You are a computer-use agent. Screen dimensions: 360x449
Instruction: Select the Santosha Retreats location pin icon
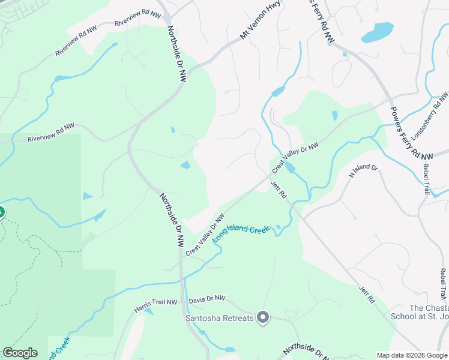[262, 317]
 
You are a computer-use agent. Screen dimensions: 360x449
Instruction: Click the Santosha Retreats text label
[219, 317]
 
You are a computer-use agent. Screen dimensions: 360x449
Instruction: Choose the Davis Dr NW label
[206, 298]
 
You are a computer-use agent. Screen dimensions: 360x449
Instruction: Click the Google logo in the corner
[20, 353]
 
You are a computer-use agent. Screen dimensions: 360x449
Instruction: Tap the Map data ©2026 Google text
[411, 355]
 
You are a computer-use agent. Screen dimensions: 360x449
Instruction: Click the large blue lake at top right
[378, 32]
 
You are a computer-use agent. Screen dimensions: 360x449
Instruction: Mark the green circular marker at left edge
[1, 212]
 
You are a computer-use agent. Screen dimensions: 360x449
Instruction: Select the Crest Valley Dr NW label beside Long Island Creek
[205, 235]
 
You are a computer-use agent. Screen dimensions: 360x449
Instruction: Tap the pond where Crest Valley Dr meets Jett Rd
[290, 168]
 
